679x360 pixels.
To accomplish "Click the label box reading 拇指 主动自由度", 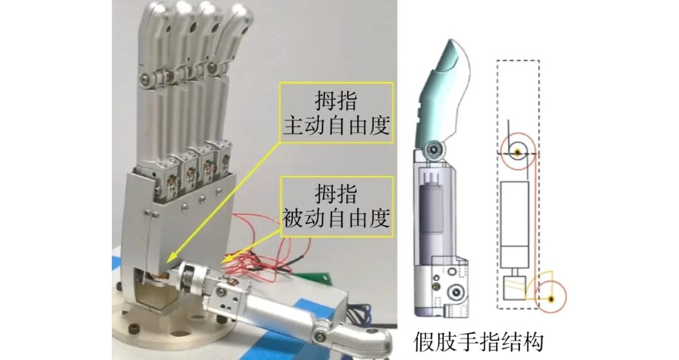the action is click(x=336, y=113).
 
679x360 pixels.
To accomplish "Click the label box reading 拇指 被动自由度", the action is click(x=336, y=207).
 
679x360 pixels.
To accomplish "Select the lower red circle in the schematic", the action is click(x=551, y=298).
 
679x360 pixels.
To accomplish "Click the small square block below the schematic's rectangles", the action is click(x=514, y=288).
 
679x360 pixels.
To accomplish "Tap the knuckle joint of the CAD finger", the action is click(x=434, y=150).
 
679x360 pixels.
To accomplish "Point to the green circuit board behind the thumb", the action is click(x=311, y=277).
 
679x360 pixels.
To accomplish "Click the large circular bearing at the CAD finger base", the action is click(x=456, y=293).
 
